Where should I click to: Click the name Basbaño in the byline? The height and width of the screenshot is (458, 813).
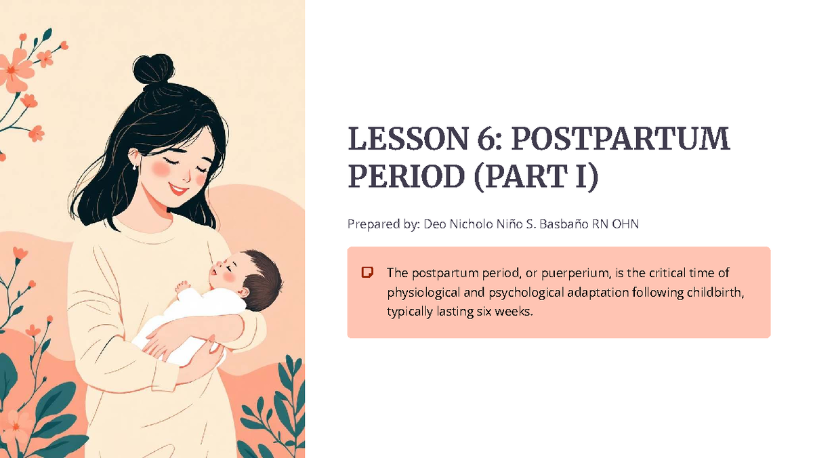(x=565, y=224)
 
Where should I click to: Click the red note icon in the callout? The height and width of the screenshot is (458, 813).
(x=368, y=273)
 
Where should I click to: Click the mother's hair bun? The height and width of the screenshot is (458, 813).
(x=152, y=69)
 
